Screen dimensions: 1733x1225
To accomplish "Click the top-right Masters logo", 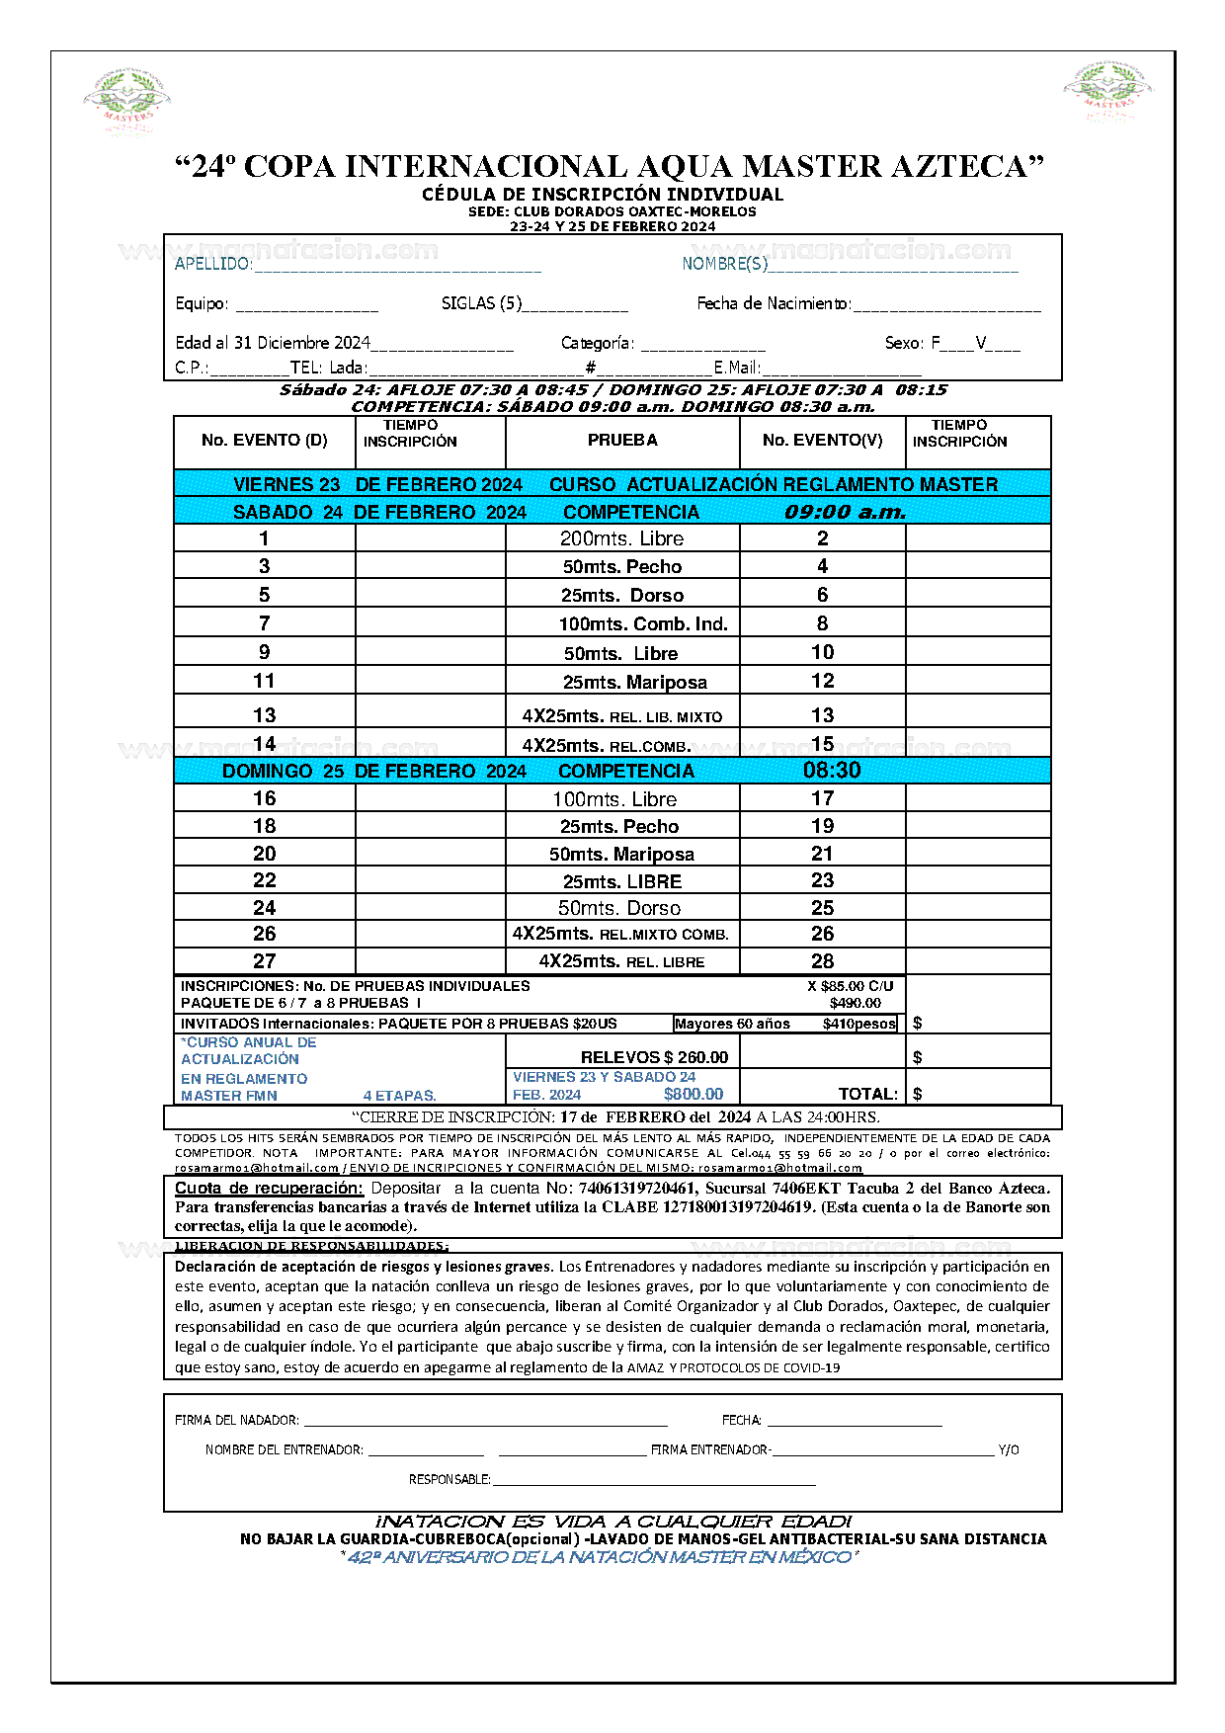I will (x=1107, y=92).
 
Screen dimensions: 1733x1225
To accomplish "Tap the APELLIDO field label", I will (x=213, y=264).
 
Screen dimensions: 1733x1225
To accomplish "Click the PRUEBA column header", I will (x=622, y=441).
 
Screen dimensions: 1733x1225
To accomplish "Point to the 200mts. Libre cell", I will (x=621, y=538).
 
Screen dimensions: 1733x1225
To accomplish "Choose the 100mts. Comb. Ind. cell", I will (x=642, y=623).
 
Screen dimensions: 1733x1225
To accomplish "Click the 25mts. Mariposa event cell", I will (x=634, y=682).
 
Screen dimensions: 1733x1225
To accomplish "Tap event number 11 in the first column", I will (x=264, y=681).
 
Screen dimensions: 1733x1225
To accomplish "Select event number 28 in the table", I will (x=822, y=960).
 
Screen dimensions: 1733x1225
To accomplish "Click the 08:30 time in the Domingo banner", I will (x=832, y=771).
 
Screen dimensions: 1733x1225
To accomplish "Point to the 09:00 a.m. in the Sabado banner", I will (x=845, y=512).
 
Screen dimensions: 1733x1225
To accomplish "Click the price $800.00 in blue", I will (x=694, y=1094).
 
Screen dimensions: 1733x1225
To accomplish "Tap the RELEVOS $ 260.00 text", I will (x=654, y=1057).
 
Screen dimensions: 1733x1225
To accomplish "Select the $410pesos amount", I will (x=858, y=1024).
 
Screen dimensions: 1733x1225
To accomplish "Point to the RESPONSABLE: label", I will (x=449, y=1479).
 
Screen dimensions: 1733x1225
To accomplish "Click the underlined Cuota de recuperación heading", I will (x=269, y=1189).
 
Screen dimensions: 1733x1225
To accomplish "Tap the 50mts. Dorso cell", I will (x=618, y=908).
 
